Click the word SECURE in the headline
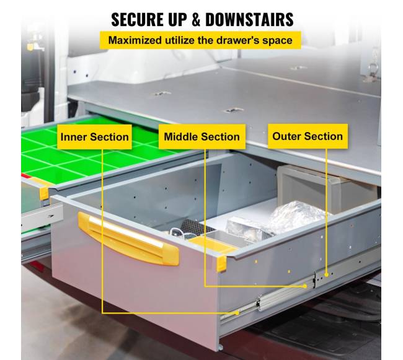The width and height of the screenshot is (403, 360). [x=137, y=19]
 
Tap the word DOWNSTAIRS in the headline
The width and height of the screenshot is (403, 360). [x=249, y=19]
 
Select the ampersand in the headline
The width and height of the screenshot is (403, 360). [x=196, y=19]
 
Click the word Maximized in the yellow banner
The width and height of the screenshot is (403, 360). [x=135, y=40]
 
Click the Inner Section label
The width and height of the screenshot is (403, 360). [x=95, y=137]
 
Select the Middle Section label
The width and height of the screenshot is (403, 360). [x=202, y=136]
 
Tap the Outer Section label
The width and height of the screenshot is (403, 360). [x=308, y=136]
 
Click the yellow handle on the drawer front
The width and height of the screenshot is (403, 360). [x=128, y=239]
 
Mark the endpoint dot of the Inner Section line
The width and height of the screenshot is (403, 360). [x=237, y=313]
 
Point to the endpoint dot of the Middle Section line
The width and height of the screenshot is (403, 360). [x=305, y=286]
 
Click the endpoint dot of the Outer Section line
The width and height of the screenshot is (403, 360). [x=326, y=274]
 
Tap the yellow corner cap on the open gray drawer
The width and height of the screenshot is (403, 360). [x=221, y=264]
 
